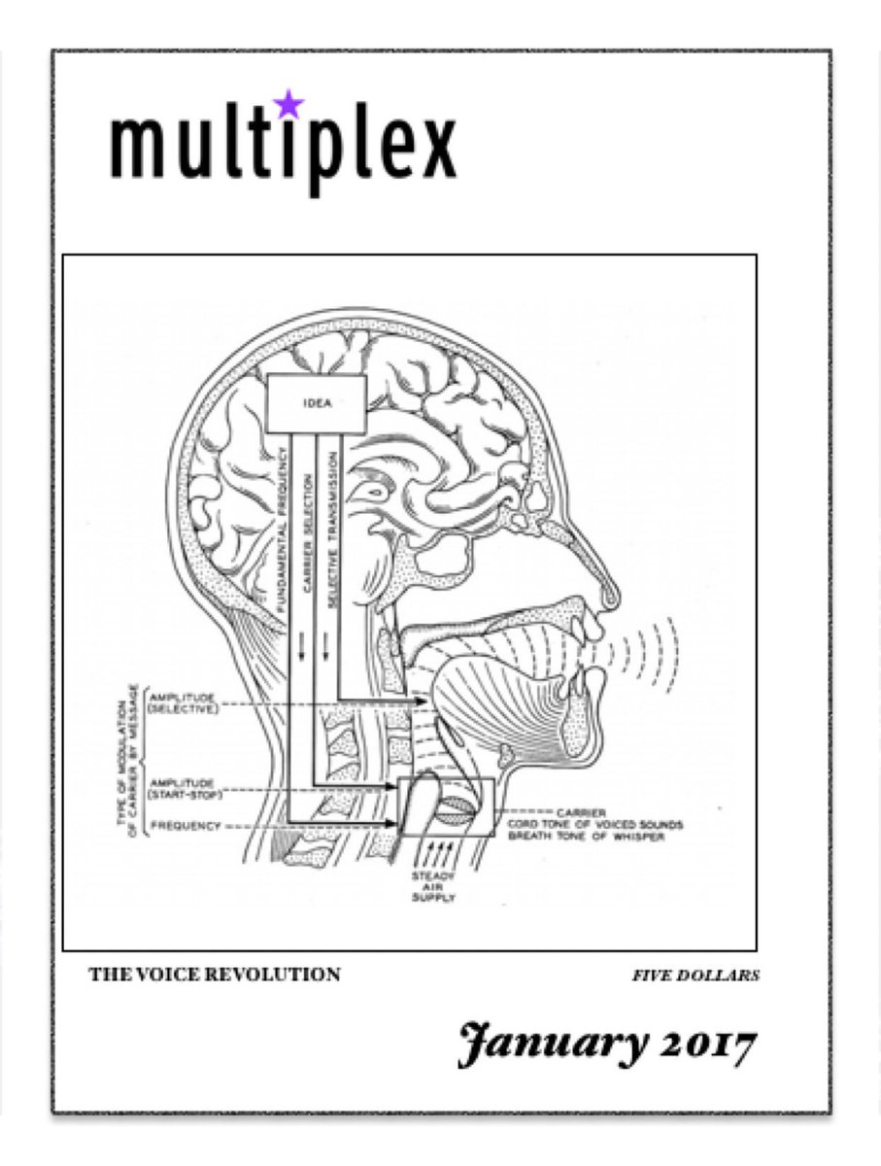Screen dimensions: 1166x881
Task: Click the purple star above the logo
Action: pyautogui.click(x=288, y=103)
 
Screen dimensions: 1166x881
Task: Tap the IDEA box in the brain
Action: pyautogui.click(x=317, y=403)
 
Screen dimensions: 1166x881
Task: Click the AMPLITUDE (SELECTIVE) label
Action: pyautogui.click(x=184, y=703)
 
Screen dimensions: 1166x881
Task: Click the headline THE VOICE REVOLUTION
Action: pyautogui.click(x=215, y=974)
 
